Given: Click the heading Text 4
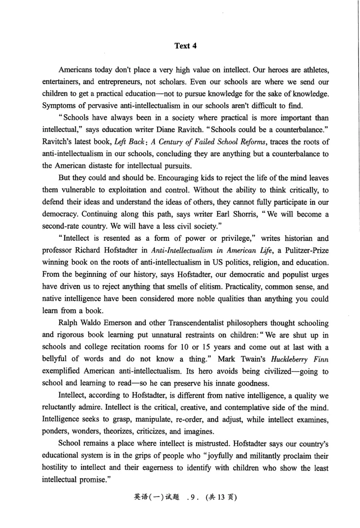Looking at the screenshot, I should [x=185, y=45].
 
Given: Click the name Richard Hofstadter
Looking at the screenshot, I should [x=107, y=262].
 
